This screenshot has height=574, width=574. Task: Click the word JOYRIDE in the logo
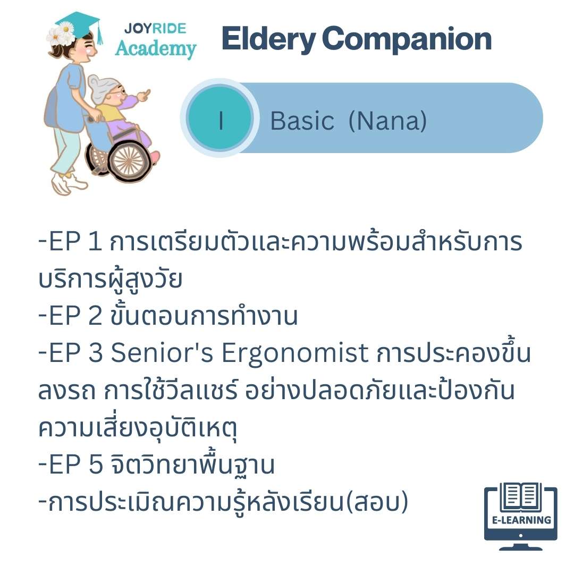click(155, 29)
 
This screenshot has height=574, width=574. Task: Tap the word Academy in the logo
click(156, 49)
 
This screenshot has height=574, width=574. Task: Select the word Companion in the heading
click(407, 39)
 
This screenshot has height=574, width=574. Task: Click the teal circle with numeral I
click(220, 118)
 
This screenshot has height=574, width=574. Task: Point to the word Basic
click(302, 121)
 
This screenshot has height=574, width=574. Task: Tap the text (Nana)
click(387, 121)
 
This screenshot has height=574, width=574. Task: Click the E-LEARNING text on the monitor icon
click(521, 520)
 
